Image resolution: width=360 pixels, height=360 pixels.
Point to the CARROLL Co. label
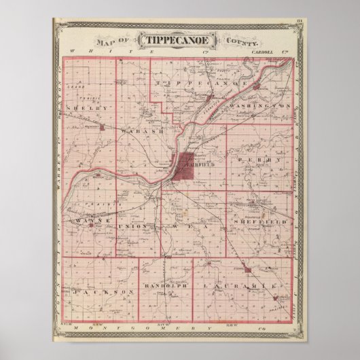270,52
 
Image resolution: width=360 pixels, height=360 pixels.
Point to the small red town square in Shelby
102,126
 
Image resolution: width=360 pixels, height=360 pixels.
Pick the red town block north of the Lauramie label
248,270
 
